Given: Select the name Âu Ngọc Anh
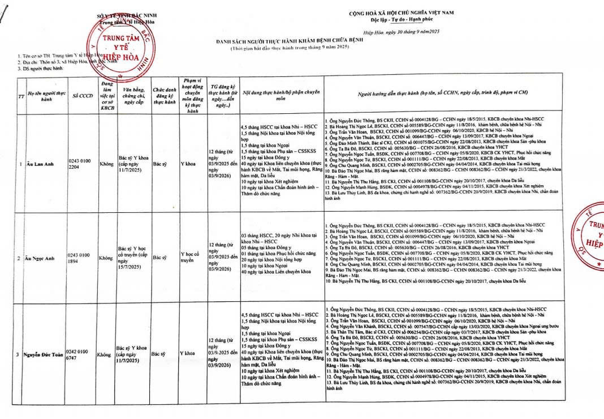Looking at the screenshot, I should [40, 258].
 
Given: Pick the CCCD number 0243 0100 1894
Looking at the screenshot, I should [78, 258].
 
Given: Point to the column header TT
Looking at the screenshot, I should [21, 96].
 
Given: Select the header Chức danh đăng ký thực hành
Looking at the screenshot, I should [165, 96].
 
